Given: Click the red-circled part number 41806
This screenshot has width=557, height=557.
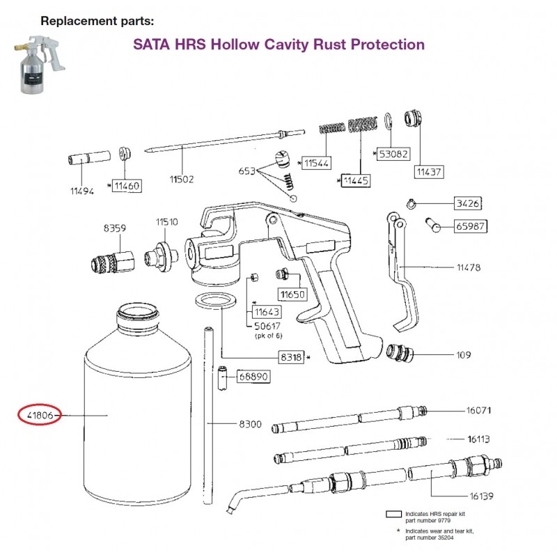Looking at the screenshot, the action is tap(40, 415).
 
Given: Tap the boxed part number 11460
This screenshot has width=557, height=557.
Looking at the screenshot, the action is tap(127, 186).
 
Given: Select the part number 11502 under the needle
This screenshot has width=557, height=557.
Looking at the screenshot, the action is tap(182, 179).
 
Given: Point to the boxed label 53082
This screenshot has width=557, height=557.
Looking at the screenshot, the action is tap(393, 154).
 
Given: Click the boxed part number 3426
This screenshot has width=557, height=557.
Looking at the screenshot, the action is tap(468, 203).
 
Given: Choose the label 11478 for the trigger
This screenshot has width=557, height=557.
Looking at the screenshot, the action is tap(469, 267).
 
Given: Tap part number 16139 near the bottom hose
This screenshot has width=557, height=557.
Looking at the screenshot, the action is tap(481, 496).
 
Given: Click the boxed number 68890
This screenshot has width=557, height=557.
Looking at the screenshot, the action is tap(253, 376).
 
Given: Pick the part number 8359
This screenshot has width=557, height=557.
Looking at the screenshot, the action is tap(114, 228).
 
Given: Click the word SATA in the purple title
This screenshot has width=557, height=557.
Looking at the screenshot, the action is tap(151, 45).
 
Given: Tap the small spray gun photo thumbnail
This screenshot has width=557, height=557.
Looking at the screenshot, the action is tap(40, 64).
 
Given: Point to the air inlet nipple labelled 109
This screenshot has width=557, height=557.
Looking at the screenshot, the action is tap(400, 353).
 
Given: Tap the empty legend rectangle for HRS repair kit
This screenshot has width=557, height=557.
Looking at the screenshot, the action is tap(393, 514).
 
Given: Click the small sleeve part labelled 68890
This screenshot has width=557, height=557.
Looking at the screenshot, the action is tap(223, 377).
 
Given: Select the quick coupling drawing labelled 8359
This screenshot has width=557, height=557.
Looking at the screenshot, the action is tap(113, 261).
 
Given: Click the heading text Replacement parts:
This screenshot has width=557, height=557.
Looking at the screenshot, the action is tap(97, 21).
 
